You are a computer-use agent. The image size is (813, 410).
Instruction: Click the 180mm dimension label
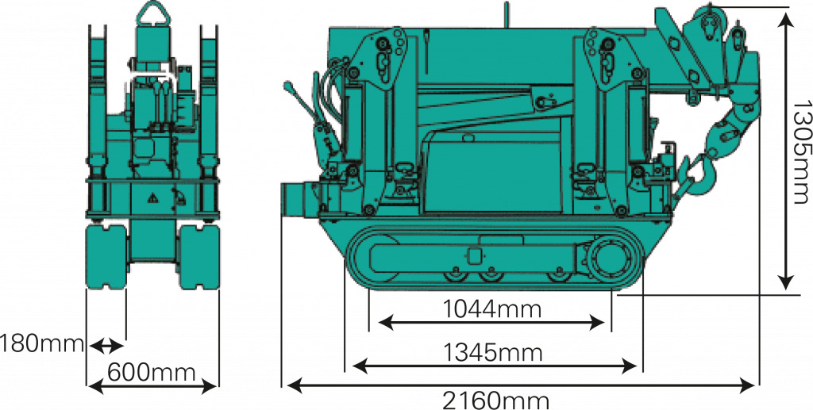tap(42, 343)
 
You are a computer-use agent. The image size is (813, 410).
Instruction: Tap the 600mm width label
tap(152, 371)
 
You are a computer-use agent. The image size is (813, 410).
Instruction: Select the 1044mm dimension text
tap(491, 309)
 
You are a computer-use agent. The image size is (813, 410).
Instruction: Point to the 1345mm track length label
tap(492, 353)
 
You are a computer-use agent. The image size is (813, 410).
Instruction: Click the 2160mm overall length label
tap(495, 400)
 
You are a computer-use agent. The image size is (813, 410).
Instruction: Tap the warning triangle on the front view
tap(153, 197)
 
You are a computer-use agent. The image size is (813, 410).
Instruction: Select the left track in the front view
tap(106, 256)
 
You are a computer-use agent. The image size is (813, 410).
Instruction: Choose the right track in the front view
tap(199, 256)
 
